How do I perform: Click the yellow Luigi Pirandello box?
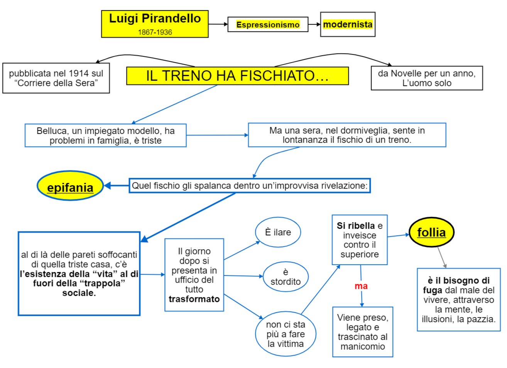(155, 24)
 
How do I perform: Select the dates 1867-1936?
(155, 32)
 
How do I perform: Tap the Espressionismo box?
(268, 24)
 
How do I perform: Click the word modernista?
(348, 24)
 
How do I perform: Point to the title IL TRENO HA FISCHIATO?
(237, 76)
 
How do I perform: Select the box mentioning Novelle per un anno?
(426, 78)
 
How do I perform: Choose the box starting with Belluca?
(105, 135)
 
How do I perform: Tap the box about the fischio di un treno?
(346, 135)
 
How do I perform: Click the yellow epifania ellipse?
(70, 186)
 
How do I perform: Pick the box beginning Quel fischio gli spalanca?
(250, 186)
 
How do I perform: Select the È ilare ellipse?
(278, 232)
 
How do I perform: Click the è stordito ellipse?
(286, 277)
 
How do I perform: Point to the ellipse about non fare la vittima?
(286, 334)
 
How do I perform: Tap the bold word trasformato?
(194, 299)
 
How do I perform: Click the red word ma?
(361, 286)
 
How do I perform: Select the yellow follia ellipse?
(431, 232)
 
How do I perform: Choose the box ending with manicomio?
(362, 332)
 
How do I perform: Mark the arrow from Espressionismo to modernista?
(314, 24)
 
